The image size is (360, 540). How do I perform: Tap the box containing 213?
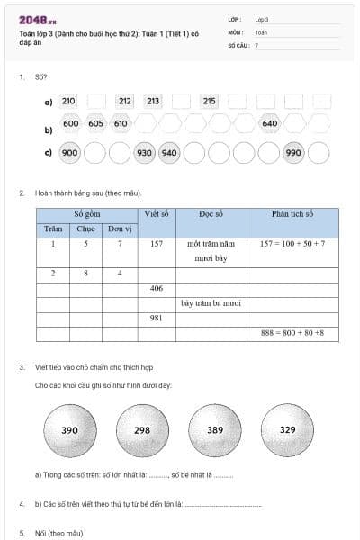153,102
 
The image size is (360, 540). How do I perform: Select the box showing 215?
210,102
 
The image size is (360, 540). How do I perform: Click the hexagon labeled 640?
270,123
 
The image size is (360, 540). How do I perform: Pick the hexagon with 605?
96,123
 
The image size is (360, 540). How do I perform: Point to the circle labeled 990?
293,153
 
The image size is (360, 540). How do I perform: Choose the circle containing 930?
144,153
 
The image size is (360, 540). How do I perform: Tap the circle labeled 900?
70,153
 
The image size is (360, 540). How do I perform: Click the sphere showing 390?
69,430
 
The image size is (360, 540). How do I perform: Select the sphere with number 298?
142,430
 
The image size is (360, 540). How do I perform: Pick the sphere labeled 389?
215,430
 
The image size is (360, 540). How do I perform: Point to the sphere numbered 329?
287,430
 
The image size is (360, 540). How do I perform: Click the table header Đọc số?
211,214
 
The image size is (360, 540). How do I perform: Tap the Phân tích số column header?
292,214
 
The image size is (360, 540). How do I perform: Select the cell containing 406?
157,289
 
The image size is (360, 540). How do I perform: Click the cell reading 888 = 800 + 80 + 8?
292,333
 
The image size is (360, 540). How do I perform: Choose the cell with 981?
157,319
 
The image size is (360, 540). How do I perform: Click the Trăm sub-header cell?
53,229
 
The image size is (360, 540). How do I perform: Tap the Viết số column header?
157,214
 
